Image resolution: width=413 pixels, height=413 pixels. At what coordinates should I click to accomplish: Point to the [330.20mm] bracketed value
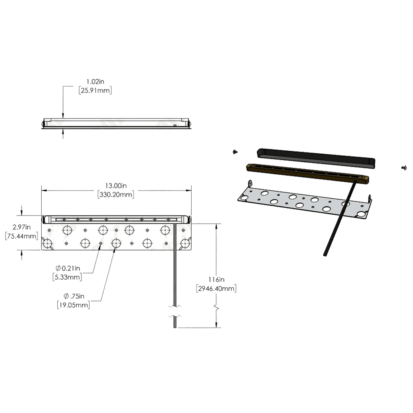[115, 195]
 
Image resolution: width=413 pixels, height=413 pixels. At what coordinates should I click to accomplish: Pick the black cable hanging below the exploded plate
[338, 223]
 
